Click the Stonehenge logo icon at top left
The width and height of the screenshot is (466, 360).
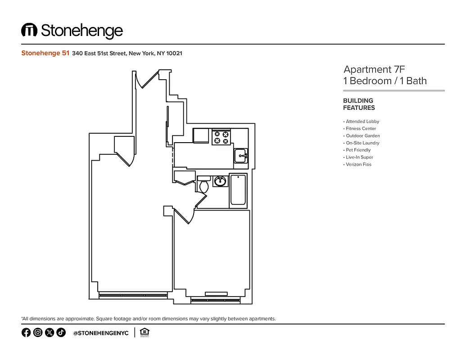pos(29,30)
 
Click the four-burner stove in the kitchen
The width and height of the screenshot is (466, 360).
pos(221,137)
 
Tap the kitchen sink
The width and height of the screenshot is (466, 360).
pos(240,156)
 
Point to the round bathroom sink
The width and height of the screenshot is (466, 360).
pos(220,181)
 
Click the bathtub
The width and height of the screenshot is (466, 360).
pos(238,190)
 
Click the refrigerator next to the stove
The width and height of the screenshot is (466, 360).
pos(201,135)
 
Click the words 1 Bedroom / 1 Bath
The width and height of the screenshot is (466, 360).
pos(385,81)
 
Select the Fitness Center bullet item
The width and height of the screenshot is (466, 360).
pos(361,129)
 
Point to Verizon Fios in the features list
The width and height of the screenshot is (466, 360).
pos(358,165)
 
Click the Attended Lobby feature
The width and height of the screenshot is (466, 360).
pos(362,121)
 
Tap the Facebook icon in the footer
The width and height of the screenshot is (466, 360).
pos(26,333)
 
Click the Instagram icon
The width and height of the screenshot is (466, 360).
pos(38,333)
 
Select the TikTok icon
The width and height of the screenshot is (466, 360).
pos(61,333)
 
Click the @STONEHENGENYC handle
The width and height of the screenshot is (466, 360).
pos(101,333)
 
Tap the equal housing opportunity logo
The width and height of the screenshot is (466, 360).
pos(145,333)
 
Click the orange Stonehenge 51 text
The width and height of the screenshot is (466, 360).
pos(45,53)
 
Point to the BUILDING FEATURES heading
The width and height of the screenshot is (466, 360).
pos(359,104)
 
